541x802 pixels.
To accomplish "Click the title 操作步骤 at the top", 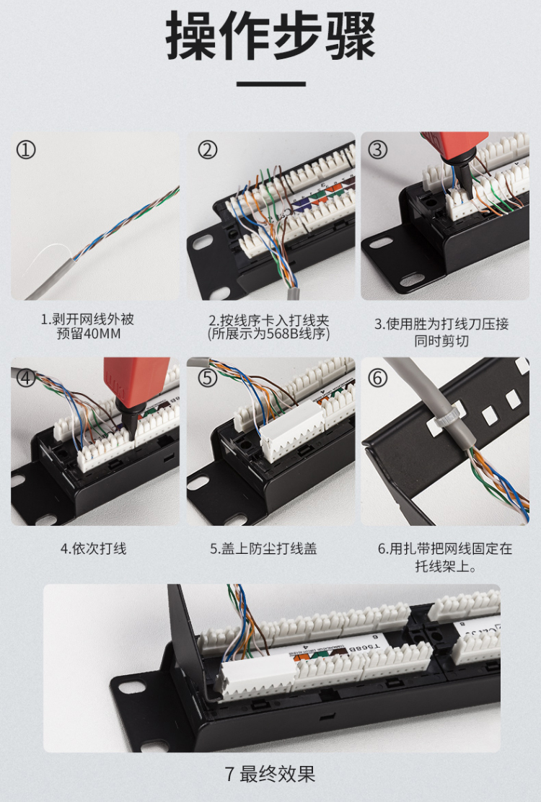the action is (x=270, y=36).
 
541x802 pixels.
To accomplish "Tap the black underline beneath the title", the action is (x=271, y=84).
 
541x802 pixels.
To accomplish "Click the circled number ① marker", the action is (x=25, y=150).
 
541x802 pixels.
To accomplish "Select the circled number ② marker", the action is (x=208, y=150).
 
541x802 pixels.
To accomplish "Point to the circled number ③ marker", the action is (x=377, y=150).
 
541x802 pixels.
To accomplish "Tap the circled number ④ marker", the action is (x=25, y=379).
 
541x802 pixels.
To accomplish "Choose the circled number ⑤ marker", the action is (x=208, y=379).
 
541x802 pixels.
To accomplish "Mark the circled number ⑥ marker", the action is (x=377, y=379).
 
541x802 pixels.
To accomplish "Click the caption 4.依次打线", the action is (x=94, y=549).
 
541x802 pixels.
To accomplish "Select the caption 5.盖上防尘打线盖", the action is (x=264, y=549).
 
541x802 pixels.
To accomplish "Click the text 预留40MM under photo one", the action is (x=89, y=334).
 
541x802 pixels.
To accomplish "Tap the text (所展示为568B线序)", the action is (x=268, y=334).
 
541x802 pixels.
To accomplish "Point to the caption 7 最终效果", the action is (x=270, y=774).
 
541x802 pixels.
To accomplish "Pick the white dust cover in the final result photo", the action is (x=255, y=674).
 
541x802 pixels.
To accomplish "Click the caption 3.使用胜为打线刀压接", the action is (x=441, y=324).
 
